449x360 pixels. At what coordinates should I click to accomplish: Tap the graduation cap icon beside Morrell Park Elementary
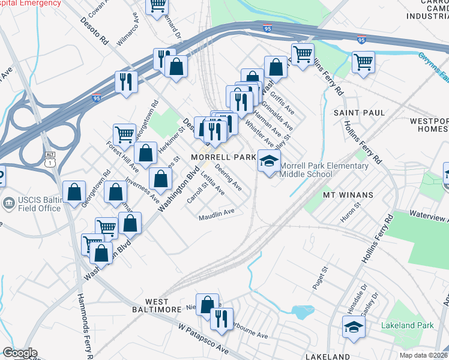(270, 161)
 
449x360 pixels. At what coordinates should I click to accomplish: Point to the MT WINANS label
(348, 194)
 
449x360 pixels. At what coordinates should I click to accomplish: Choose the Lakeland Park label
(407, 326)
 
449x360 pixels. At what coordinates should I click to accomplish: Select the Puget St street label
(319, 280)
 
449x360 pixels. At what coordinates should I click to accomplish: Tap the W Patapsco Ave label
(204, 338)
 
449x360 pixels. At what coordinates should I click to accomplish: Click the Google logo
(20, 353)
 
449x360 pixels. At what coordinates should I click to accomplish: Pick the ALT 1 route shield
(50, 158)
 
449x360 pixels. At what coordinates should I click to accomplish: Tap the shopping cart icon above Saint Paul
(363, 61)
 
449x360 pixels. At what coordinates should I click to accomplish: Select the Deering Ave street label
(228, 178)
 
